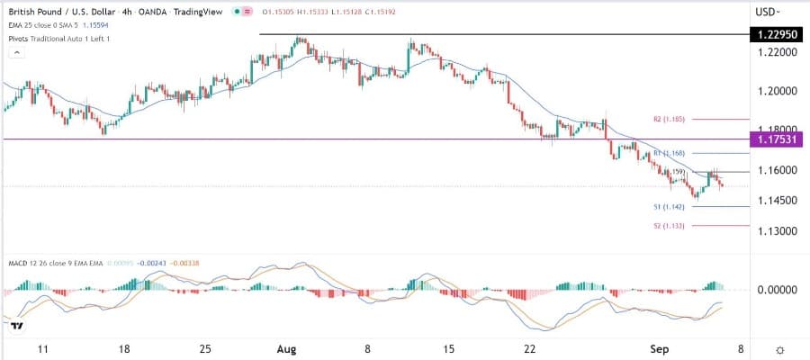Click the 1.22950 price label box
(776, 34)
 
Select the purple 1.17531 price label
(776, 139)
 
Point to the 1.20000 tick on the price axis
(773, 91)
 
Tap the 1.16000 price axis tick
(773, 169)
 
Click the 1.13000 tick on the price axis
(773, 230)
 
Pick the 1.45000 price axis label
(773, 200)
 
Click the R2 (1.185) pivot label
(669, 119)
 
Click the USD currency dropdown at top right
(768, 13)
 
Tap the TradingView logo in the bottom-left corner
(15, 325)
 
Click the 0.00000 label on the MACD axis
(773, 290)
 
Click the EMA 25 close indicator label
(40, 28)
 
